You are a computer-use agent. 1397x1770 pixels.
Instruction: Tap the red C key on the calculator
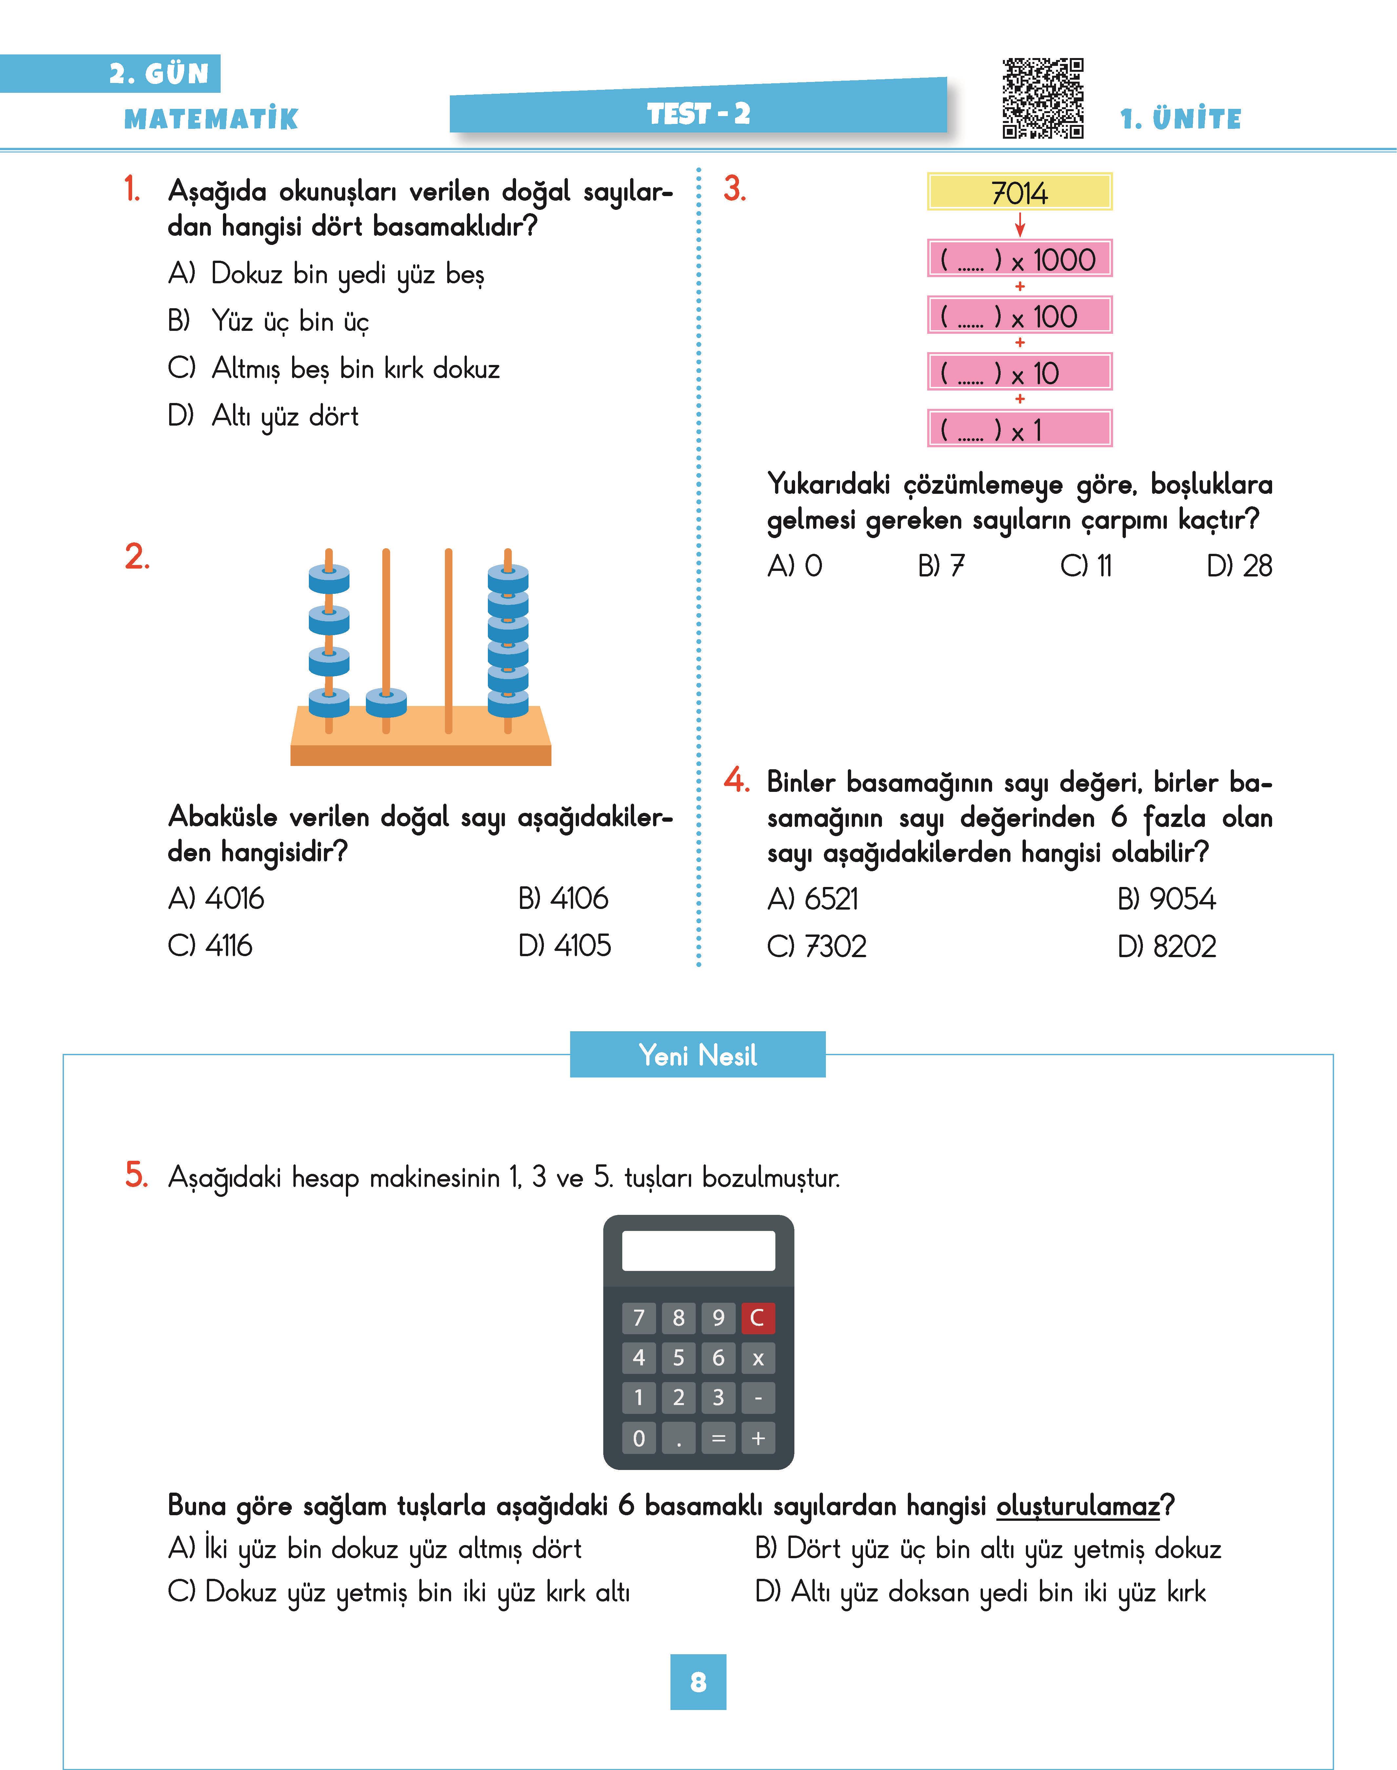point(757,1318)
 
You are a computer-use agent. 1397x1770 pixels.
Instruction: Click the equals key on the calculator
point(718,1438)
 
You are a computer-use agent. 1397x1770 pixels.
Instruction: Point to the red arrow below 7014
point(1020,224)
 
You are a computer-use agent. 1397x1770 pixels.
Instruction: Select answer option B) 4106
point(564,898)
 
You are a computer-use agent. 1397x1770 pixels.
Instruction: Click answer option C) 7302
point(816,946)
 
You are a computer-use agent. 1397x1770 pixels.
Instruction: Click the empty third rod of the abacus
point(448,638)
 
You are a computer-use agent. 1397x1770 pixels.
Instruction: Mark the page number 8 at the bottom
point(698,1682)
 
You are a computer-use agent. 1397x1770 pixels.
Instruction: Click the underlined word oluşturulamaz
point(1078,1506)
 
